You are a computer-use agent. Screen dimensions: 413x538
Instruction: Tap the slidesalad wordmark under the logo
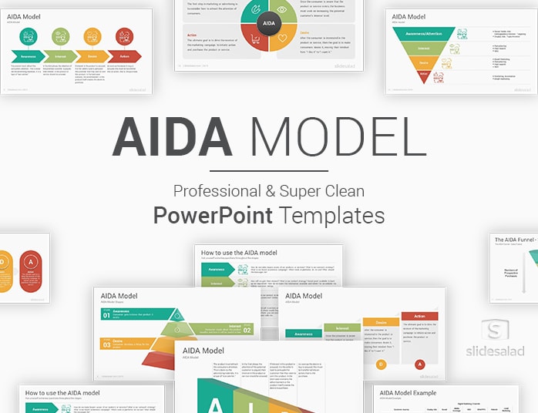496,351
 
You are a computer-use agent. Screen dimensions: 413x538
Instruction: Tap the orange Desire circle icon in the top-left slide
92,35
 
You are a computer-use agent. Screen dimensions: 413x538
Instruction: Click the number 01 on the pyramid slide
106,314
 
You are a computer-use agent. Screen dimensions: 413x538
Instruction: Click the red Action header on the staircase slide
419,316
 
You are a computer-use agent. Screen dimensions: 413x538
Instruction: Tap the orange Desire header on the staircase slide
381,322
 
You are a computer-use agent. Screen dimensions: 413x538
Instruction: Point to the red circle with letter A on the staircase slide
419,364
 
